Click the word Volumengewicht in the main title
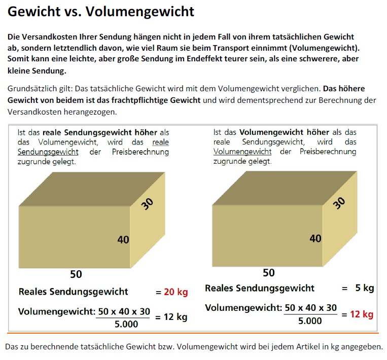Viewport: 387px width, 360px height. pos(140,12)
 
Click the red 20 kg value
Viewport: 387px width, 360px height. pos(176,292)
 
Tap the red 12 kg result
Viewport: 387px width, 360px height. pos(362,314)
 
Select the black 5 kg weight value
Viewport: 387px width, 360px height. pos(365,287)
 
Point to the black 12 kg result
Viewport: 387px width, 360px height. pos(175,317)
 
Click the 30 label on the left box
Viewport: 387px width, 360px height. pos(148,204)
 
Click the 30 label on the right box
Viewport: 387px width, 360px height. pos(339,203)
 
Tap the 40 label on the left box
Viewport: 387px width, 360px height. pos(123,240)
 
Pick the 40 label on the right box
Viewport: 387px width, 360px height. pos(315,238)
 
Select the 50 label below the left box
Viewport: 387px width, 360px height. pos(76,274)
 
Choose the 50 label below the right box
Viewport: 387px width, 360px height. pos(269,273)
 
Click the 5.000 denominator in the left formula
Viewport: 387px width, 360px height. pos(126,324)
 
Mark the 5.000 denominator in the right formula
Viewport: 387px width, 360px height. pos(310,321)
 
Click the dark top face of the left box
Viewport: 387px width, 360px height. pos(92,189)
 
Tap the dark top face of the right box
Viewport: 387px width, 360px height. pos(285,188)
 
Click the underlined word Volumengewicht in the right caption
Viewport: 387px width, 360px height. pos(242,152)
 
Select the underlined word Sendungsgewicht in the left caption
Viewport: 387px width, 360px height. pos(48,152)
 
